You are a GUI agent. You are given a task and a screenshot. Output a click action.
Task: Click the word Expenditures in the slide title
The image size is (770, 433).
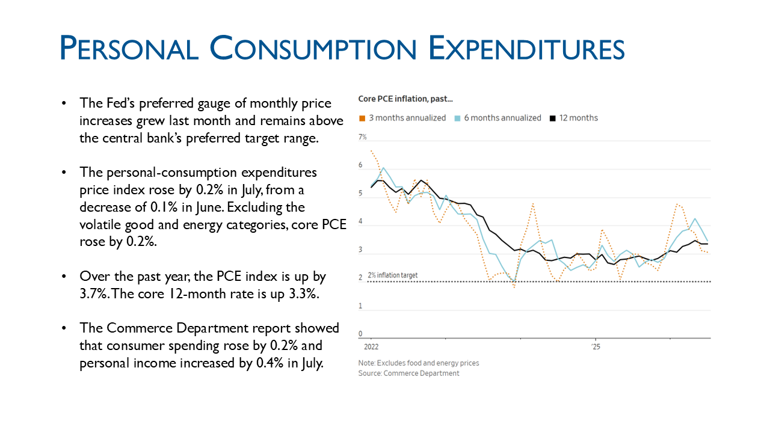[526, 48]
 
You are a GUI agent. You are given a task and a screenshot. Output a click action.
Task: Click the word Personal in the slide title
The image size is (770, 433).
[129, 48]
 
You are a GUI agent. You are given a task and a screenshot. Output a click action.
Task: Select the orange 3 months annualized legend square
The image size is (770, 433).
[362, 118]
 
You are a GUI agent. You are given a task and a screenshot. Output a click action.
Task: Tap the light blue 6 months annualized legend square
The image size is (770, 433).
[457, 118]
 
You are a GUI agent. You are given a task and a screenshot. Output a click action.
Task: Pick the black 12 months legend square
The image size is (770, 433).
[553, 118]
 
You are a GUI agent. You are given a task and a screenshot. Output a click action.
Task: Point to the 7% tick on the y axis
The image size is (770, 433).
[363, 137]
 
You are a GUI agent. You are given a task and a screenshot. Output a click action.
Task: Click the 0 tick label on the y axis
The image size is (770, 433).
[360, 334]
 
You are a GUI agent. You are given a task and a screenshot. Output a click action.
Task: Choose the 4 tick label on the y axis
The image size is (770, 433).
[360, 221]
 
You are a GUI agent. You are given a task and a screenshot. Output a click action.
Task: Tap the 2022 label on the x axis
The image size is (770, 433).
[371, 347]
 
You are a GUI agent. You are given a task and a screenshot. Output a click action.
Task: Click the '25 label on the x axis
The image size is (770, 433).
[596, 347]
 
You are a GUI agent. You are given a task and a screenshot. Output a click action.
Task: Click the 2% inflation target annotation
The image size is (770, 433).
[393, 275]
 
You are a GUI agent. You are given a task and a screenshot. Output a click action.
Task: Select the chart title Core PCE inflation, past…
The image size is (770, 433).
[405, 99]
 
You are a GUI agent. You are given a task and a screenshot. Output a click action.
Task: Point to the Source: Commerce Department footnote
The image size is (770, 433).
[408, 373]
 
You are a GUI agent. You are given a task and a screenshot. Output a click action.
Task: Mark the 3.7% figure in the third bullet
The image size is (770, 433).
[94, 294]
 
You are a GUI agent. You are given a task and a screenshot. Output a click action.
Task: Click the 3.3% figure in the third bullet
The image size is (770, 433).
[304, 294]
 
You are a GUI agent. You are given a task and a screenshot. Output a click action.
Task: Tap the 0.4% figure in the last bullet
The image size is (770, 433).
[270, 363]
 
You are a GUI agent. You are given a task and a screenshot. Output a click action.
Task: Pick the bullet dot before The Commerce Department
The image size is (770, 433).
[64, 328]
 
